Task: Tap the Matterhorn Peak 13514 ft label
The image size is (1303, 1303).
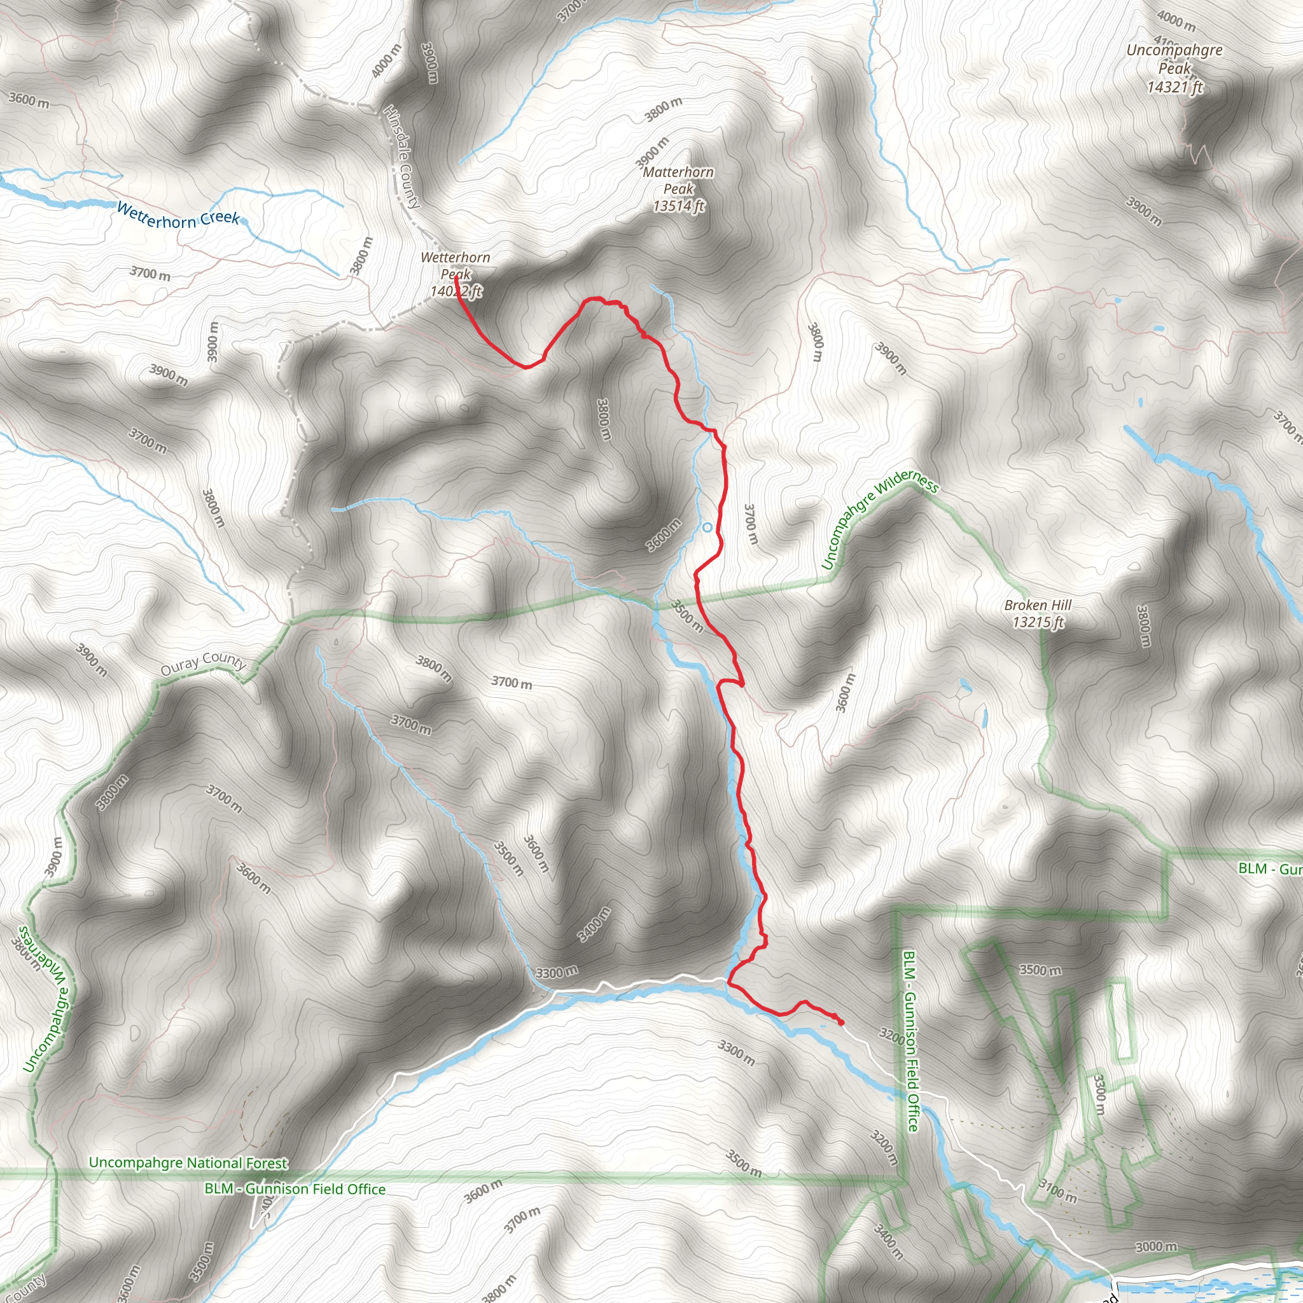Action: tap(678, 189)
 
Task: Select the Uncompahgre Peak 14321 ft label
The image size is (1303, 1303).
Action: tap(1174, 68)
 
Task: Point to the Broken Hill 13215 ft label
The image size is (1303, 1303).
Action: tap(1038, 613)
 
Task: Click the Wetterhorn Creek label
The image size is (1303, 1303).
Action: tap(178, 215)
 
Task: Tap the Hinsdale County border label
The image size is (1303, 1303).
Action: tap(402, 156)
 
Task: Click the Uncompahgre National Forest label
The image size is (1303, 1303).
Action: tap(188, 1163)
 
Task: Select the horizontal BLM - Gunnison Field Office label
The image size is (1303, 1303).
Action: tap(295, 1188)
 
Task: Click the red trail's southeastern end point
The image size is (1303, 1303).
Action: tap(841, 1022)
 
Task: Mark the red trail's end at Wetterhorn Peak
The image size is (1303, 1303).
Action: tap(457, 276)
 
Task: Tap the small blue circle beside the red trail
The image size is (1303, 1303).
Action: tap(707, 527)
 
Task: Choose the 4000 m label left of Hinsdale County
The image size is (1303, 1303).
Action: tap(386, 60)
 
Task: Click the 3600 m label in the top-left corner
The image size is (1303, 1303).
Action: tap(29, 100)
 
